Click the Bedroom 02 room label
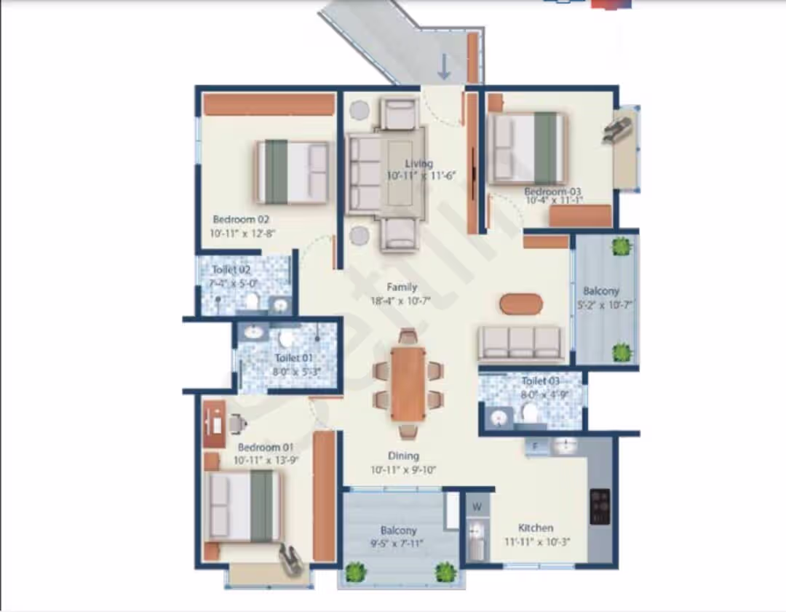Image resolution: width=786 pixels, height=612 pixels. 242,219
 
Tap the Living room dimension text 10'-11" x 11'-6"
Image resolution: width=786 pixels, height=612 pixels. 421,175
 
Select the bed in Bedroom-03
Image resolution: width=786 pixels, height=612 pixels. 528,148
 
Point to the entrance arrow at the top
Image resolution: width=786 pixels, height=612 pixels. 444,68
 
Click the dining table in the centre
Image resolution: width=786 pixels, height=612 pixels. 408,383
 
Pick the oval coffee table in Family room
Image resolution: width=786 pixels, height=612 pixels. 521,303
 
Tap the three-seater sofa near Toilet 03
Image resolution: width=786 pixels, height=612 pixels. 520,343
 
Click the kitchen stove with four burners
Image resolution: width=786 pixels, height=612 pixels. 600,506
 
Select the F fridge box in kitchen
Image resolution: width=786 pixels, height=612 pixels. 536,446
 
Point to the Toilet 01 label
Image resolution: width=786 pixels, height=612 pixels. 294,357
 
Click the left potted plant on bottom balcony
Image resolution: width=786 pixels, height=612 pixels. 355,572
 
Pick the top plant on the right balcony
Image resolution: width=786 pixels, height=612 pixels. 622,246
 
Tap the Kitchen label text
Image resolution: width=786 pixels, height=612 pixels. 536,528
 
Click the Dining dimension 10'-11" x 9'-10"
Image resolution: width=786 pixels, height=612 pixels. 403,469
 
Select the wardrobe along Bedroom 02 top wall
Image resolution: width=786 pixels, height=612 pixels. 269,104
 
